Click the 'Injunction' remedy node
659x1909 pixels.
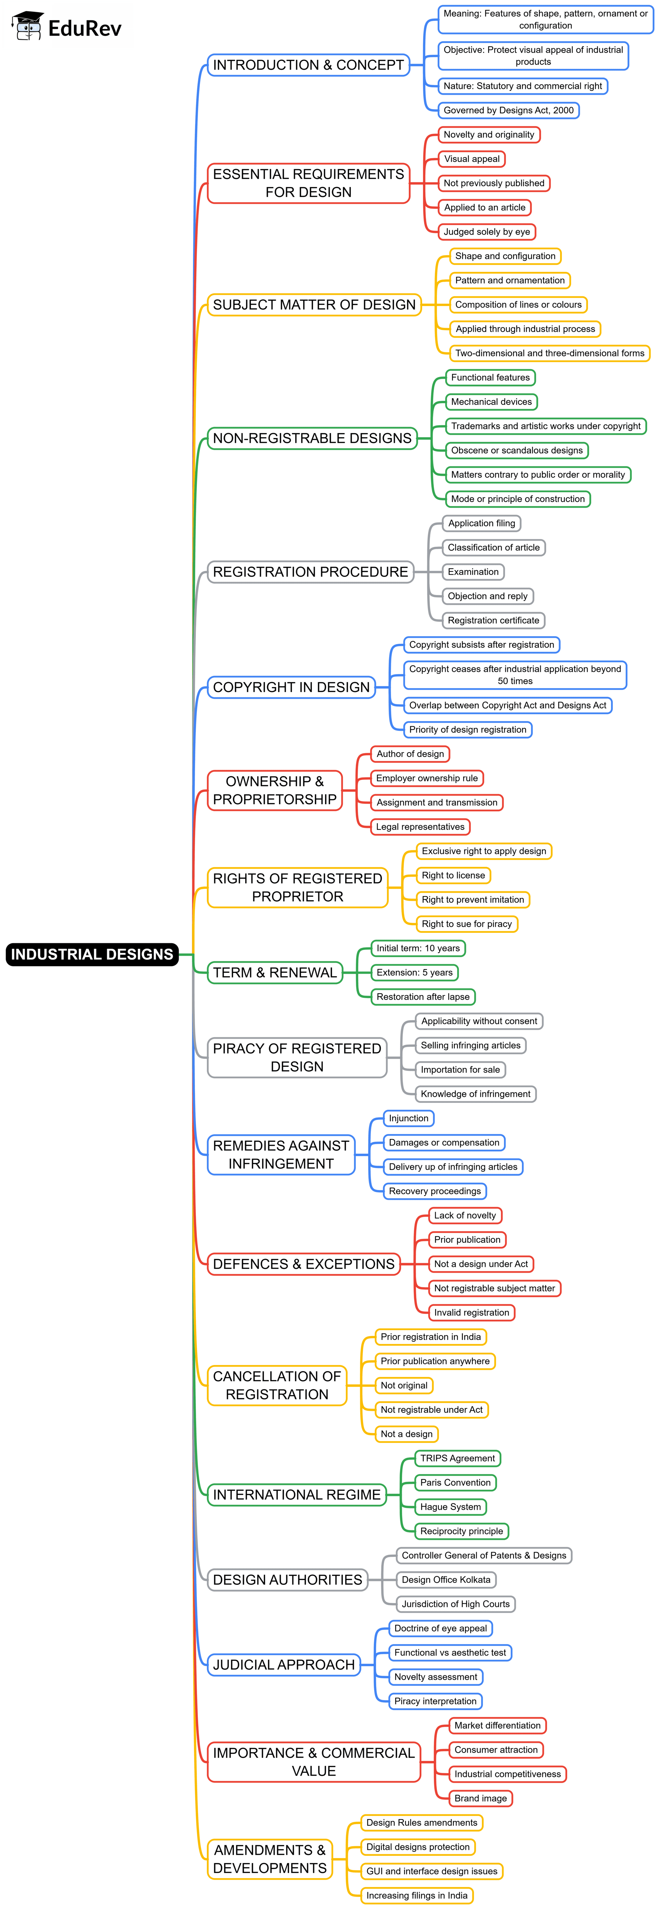click(x=408, y=1118)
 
